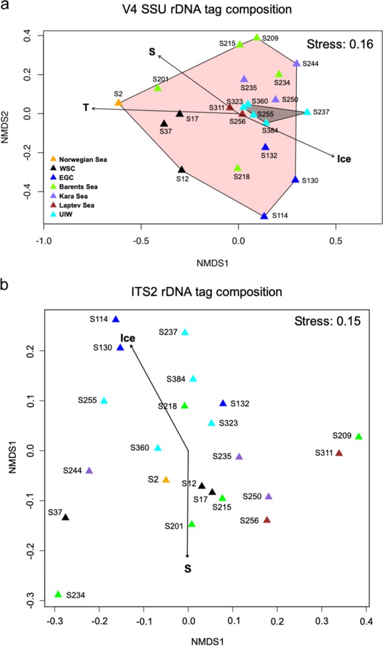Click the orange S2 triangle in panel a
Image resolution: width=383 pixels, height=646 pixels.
(x=119, y=103)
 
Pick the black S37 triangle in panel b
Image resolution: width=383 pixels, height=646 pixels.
(x=65, y=517)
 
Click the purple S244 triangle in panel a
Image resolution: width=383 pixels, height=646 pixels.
(x=296, y=63)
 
